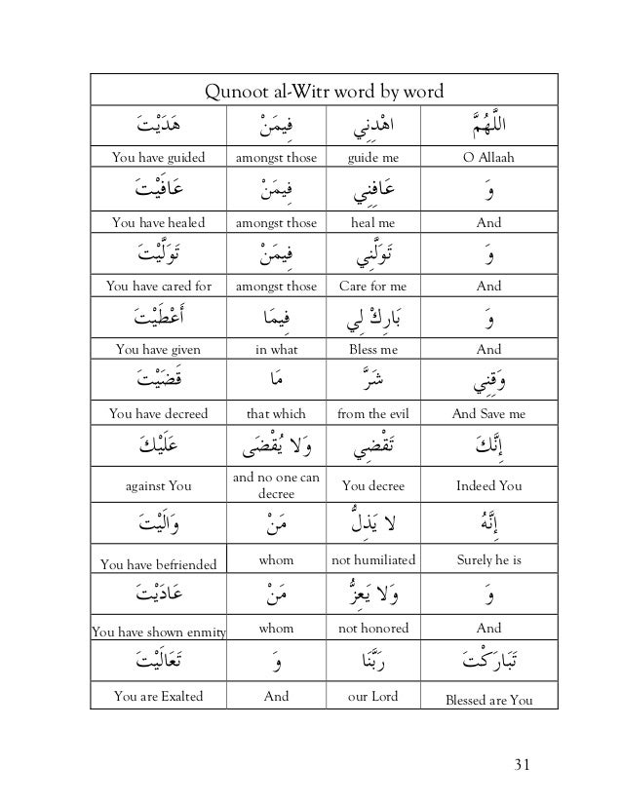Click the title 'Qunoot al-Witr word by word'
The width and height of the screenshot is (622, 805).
pyautogui.click(x=322, y=93)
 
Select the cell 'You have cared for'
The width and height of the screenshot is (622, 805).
pyautogui.click(x=158, y=286)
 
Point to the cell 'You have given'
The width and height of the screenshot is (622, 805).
pyautogui.click(x=158, y=349)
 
